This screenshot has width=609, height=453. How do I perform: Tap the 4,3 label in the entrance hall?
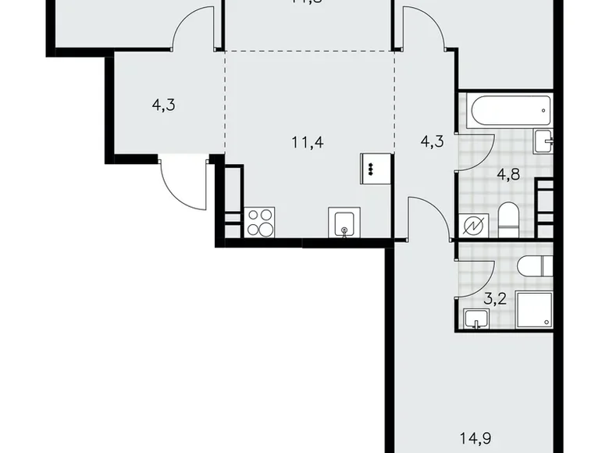pyautogui.click(x=163, y=104)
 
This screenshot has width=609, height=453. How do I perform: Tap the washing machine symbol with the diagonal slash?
pyautogui.click(x=475, y=226)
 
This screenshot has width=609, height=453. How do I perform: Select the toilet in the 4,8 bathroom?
pyautogui.click(x=508, y=220)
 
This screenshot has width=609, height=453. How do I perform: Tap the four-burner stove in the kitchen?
pyautogui.click(x=260, y=222)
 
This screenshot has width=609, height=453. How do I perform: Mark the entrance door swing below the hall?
pyautogui.click(x=180, y=180)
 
